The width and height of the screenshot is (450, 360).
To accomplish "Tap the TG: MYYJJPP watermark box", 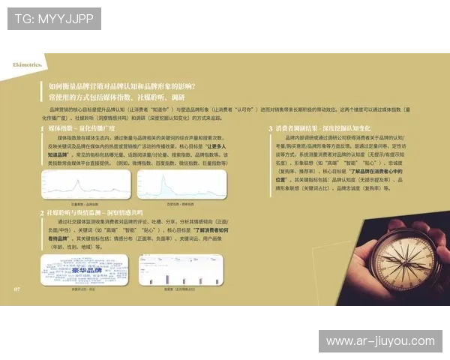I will [54, 19].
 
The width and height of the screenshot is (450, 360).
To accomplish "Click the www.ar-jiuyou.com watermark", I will [380, 341].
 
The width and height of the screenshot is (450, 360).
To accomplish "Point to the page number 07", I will [16, 288].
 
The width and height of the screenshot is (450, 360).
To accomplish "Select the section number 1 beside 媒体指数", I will [41, 129].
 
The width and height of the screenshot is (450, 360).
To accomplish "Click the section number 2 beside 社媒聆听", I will [41, 213].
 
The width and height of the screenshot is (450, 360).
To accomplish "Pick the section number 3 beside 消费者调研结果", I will [270, 129].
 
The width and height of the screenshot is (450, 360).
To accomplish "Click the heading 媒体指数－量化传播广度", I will [82, 129].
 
